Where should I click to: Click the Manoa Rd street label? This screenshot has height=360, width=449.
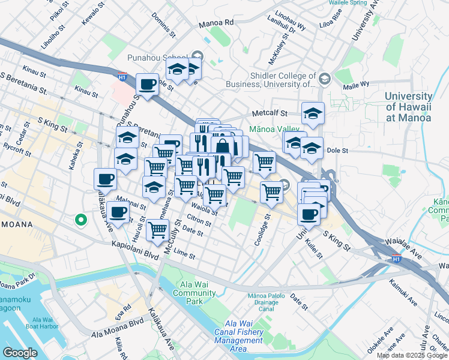click(215, 23)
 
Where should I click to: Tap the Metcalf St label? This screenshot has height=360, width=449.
click(270, 113)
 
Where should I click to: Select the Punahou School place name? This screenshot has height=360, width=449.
click(157, 58)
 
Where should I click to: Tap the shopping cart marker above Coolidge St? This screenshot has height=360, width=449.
click(271, 192)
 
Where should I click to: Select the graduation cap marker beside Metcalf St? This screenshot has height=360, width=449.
click(313, 113)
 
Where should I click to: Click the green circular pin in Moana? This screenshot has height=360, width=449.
click(80, 220)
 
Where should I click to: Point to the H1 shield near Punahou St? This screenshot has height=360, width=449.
click(122, 77)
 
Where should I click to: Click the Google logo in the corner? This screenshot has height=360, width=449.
click(20, 353)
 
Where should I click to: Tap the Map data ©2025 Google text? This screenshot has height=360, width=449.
click(412, 355)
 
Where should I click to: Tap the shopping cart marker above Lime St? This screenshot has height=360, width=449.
click(157, 229)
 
